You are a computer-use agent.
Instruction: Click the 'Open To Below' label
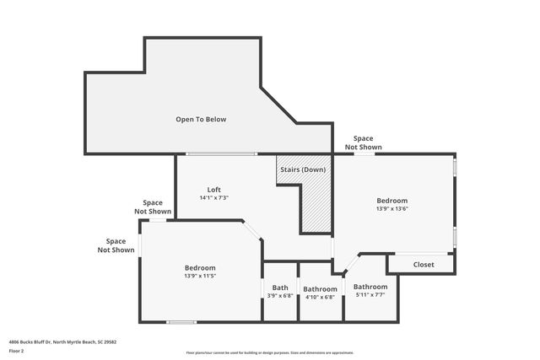[201, 119]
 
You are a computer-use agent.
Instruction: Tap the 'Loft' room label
[214, 189]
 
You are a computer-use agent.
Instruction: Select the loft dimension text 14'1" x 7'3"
[214, 198]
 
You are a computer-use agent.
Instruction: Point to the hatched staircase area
[316, 207]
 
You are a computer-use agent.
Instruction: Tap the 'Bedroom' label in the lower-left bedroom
[200, 267]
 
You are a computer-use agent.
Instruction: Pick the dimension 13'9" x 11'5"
[200, 276]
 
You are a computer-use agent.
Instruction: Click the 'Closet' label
[424, 265]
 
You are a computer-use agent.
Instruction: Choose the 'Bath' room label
[279, 287]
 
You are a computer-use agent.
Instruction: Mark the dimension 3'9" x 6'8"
[279, 296]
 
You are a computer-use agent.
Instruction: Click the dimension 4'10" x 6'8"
[320, 296]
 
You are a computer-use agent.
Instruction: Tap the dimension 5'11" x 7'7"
[370, 295]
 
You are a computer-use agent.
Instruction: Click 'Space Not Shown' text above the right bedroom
[363, 142]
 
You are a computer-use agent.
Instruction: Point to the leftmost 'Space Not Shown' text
[116, 245]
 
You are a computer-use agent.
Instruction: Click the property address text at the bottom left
[62, 341]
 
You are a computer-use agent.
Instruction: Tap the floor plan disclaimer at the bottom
[270, 352]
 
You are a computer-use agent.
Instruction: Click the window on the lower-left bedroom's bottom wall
[181, 322]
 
